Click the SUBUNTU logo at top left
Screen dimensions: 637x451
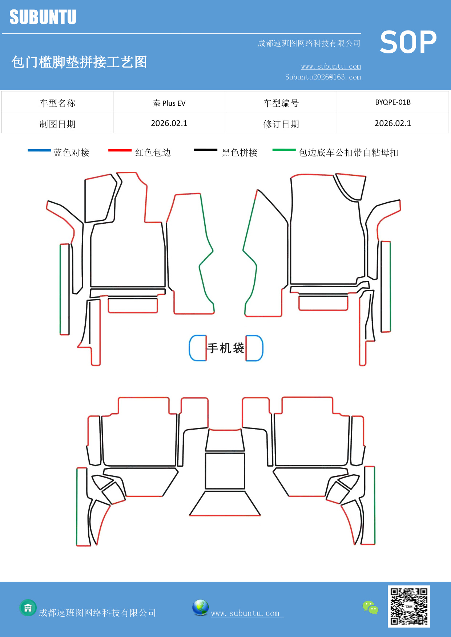click(x=43, y=17)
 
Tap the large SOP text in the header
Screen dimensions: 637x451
click(x=408, y=42)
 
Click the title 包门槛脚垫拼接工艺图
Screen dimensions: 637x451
click(x=79, y=62)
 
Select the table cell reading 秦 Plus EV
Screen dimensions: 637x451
click(x=169, y=103)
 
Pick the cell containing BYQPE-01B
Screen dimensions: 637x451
click(x=393, y=102)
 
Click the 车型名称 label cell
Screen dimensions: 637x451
click(x=57, y=103)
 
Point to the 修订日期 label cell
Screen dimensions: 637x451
click(x=281, y=124)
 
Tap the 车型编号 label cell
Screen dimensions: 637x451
click(x=281, y=103)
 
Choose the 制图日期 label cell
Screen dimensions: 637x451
click(x=57, y=124)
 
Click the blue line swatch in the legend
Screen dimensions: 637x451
click(x=39, y=150)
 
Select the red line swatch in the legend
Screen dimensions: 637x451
click(x=120, y=150)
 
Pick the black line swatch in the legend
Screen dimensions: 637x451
click(x=205, y=150)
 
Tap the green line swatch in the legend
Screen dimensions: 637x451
click(x=284, y=150)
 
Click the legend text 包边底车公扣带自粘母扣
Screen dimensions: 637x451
click(x=348, y=153)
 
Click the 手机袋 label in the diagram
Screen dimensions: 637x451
click(x=225, y=348)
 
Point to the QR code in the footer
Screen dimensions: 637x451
click(x=408, y=606)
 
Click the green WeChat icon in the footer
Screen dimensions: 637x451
click(x=370, y=608)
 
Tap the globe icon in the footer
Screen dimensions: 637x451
click(x=200, y=608)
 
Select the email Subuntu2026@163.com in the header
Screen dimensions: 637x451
click(x=323, y=77)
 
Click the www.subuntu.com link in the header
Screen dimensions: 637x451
click(x=331, y=66)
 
